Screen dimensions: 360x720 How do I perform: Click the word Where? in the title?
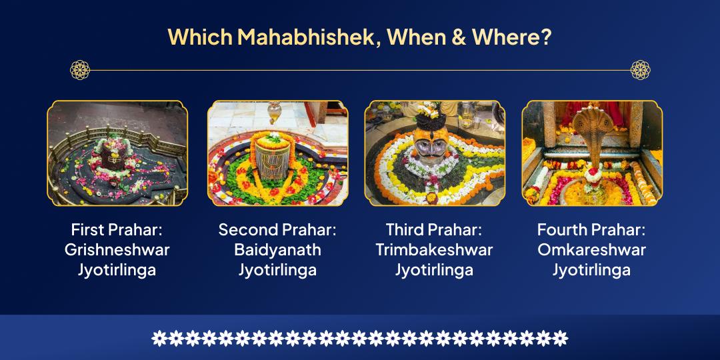point(511,36)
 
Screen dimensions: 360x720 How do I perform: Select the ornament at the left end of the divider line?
point(80,69)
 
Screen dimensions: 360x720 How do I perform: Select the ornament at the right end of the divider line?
point(640,69)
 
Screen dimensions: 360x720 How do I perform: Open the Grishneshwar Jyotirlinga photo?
point(117,153)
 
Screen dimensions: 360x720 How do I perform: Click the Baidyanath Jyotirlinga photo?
point(277,153)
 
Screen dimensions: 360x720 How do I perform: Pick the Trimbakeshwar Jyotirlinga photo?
point(435,153)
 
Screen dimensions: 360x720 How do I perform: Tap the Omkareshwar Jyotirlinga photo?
point(592,153)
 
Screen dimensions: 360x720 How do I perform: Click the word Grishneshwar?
point(117,250)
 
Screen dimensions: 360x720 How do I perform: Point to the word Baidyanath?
point(277,250)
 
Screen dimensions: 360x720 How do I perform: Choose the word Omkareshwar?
point(591,250)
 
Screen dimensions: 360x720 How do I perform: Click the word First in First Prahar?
point(87,230)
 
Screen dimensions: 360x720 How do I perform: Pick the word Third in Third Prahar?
point(405,230)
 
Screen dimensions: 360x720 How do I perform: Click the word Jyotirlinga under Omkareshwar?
point(591,270)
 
